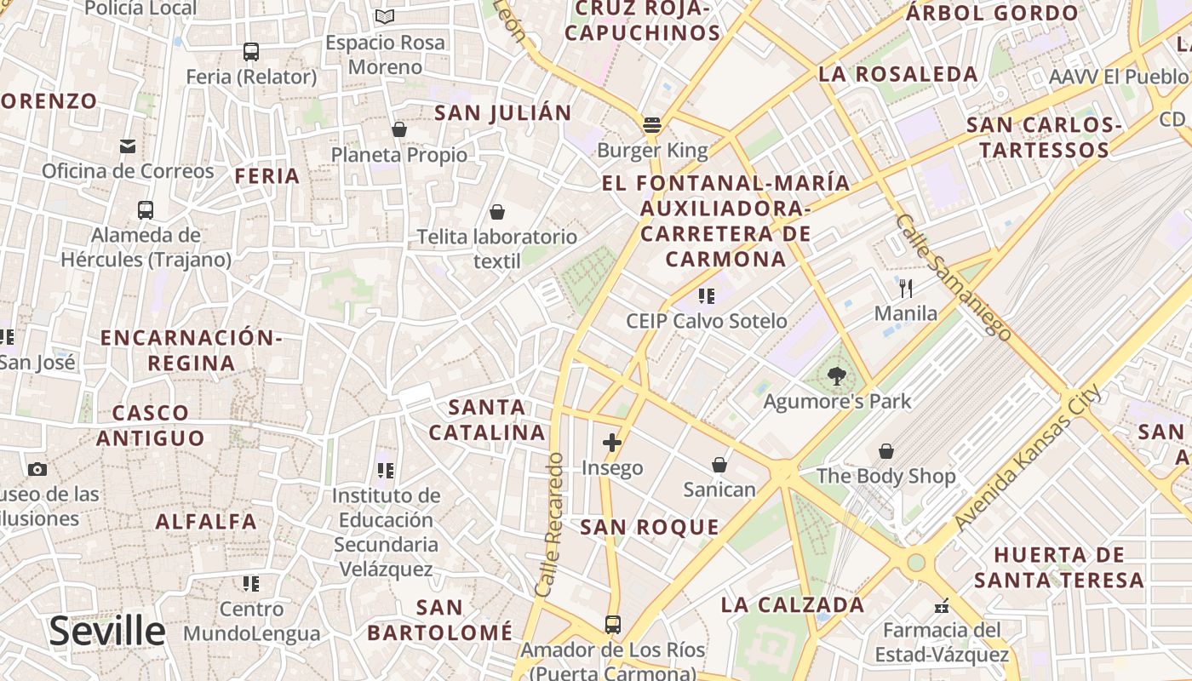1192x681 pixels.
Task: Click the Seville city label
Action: (106, 632)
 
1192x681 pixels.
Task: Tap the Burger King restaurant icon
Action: (652, 125)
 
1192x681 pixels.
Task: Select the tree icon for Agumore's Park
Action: (837, 375)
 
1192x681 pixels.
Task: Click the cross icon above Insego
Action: (612, 442)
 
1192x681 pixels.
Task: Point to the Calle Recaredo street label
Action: (551, 524)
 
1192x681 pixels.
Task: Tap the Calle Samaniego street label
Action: (954, 277)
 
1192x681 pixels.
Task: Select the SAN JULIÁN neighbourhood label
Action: (503, 113)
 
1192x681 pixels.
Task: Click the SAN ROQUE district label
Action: (650, 527)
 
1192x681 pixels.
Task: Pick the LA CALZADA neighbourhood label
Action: (793, 605)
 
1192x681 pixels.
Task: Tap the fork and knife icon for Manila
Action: (906, 289)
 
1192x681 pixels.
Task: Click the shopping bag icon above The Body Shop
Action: (886, 450)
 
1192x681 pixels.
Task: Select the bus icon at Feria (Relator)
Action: (251, 52)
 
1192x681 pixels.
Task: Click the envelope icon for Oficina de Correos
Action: (128, 146)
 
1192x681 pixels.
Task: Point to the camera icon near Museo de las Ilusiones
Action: (37, 469)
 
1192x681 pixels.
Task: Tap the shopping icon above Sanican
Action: (719, 465)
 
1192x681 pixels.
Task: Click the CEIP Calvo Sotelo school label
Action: (707, 321)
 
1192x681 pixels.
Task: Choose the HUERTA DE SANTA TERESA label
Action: (1059, 568)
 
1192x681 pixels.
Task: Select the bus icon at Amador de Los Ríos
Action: (613, 625)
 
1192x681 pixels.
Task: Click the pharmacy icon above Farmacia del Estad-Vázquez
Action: (942, 606)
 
